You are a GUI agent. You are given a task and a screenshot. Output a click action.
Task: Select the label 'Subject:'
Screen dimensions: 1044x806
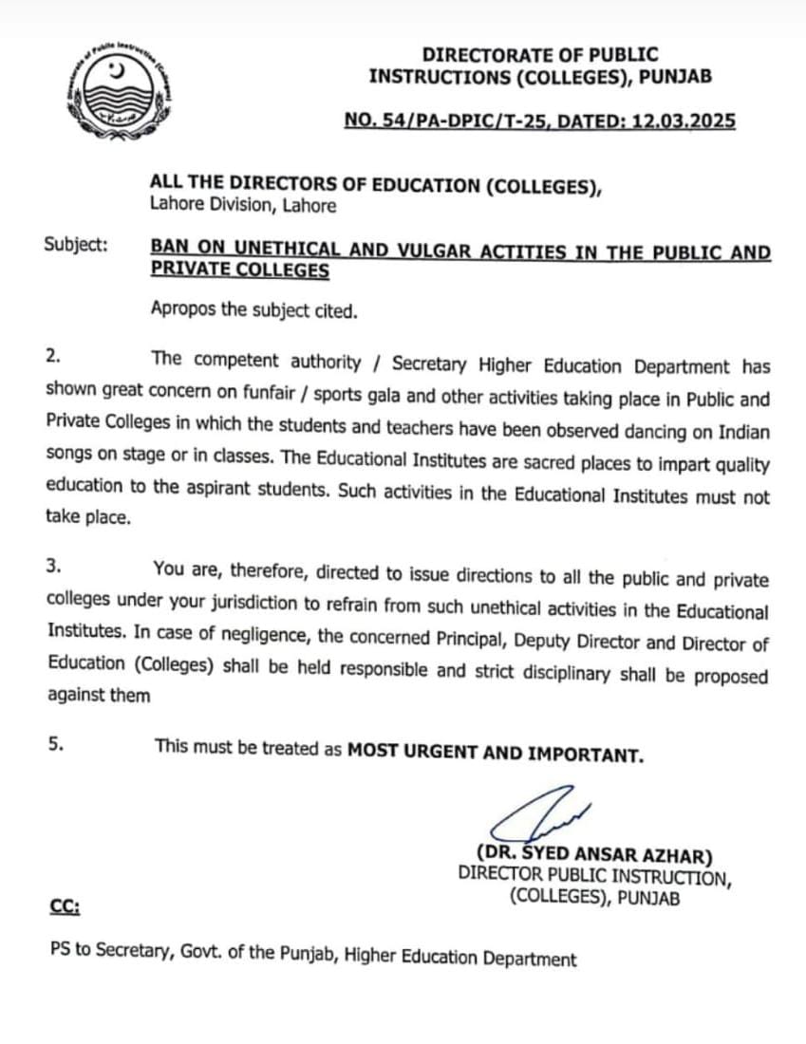coord(76,244)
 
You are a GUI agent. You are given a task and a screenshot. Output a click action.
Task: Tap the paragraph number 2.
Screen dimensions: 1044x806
coord(53,358)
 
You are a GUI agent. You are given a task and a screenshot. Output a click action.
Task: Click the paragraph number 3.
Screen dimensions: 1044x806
coord(54,567)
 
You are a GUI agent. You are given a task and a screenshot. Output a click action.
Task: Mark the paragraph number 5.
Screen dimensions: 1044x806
coord(55,745)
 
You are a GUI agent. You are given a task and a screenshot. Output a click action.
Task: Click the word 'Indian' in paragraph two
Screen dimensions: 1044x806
coord(739,432)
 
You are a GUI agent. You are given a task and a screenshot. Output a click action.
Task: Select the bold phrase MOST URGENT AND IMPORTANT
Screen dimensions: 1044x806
coord(496,755)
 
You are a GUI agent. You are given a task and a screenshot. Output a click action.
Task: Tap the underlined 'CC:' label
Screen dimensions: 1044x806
coord(65,907)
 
